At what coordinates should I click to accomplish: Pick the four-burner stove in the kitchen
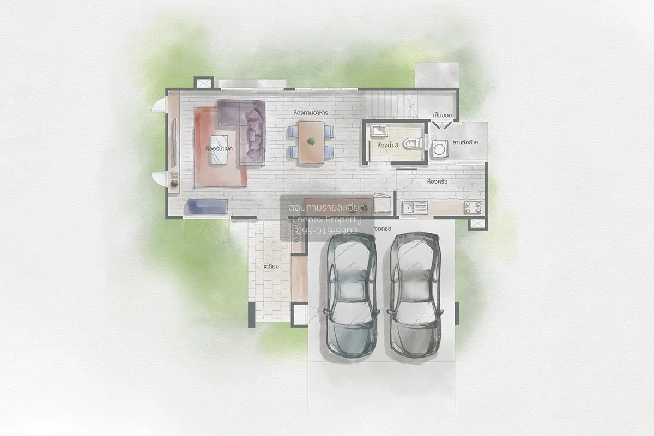pyautogui.click(x=473, y=207)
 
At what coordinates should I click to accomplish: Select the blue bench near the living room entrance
pyautogui.click(x=207, y=206)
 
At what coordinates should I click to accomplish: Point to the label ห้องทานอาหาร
pyautogui.click(x=313, y=112)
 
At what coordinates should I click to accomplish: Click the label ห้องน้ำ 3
pyautogui.click(x=387, y=146)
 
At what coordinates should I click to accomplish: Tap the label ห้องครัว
pyautogui.click(x=438, y=181)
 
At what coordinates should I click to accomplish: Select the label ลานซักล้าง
pyautogui.click(x=464, y=143)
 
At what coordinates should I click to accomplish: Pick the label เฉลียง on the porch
pyautogui.click(x=271, y=267)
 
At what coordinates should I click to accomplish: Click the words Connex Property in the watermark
pyautogui.click(x=326, y=220)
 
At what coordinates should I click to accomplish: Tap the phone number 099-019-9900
pyautogui.click(x=325, y=231)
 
